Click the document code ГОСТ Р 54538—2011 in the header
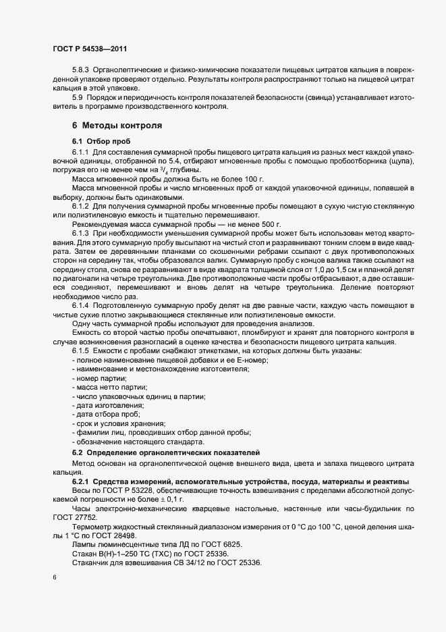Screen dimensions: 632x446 tap(89, 49)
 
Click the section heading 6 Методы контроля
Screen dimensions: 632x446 tap(116, 126)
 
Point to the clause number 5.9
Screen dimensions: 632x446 tap(77, 97)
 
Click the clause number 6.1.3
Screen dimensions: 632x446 tap(80, 229)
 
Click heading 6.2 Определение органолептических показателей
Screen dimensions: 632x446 tap(166, 452)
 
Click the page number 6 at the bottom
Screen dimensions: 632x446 tap(55, 579)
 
